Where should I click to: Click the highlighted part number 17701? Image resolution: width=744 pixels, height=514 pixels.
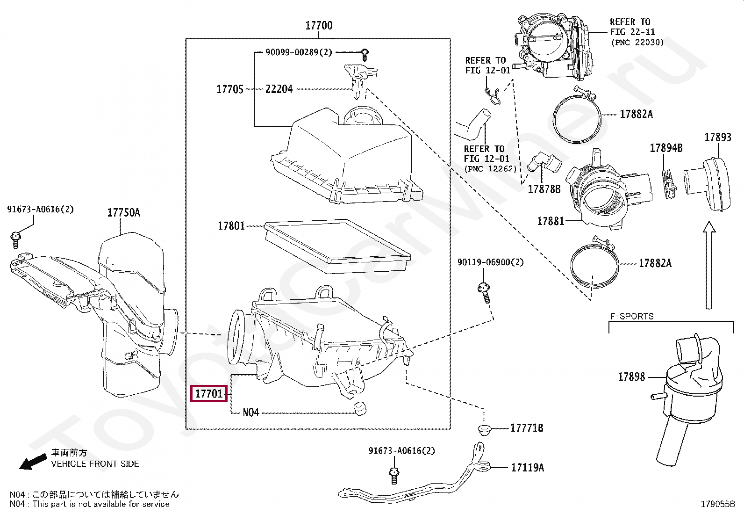[209, 394]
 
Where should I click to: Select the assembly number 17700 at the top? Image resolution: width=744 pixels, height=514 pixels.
[319, 26]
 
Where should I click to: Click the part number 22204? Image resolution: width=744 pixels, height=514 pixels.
[279, 89]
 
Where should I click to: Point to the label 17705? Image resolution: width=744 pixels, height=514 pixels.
[230, 89]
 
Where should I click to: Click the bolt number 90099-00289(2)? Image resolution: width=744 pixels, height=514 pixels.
[299, 52]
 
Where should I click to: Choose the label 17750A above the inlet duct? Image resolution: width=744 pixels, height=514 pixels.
[123, 213]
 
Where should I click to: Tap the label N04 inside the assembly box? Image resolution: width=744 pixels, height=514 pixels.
[251, 413]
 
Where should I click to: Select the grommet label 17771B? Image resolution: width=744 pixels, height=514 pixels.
[527, 428]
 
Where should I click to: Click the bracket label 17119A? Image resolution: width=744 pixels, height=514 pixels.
[527, 468]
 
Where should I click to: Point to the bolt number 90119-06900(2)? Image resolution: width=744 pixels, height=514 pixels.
[490, 262]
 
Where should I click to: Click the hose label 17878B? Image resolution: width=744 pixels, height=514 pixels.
[544, 189]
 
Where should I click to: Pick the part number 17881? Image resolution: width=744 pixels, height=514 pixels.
[551, 221]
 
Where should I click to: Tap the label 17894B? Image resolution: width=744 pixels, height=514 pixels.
[666, 148]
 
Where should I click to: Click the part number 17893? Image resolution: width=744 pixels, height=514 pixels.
[717, 138]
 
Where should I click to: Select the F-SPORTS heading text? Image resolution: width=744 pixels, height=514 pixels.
[631, 316]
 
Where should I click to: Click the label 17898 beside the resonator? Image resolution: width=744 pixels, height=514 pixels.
[631, 377]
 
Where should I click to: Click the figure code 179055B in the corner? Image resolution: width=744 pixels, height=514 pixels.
[717, 504]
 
